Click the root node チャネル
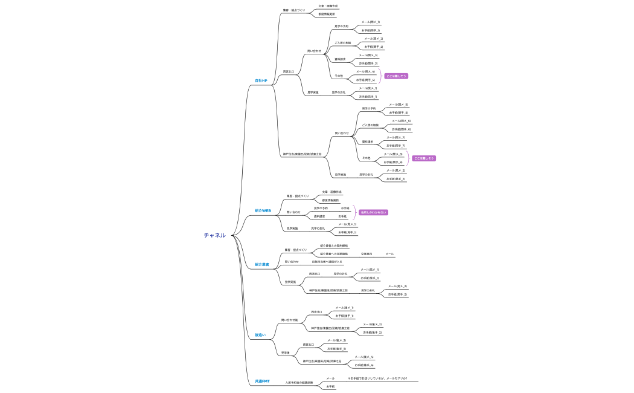pyautogui.click(x=214, y=235)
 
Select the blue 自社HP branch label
pyautogui.click(x=261, y=80)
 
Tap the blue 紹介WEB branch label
pyautogui.click(x=263, y=210)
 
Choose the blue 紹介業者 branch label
pyautogui.click(x=262, y=264)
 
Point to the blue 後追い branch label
pyautogui.click(x=260, y=334)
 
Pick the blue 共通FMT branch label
pyautogui.click(x=262, y=381)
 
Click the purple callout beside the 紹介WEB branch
pyautogui.click(x=374, y=212)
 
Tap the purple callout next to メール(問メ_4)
pyautogui.click(x=396, y=76)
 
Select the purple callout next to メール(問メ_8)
pyautogui.click(x=424, y=158)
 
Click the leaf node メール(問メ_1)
pyautogui.click(x=371, y=22)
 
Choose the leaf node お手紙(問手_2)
pyautogui.click(x=374, y=47)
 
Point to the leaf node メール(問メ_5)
pyautogui.click(x=398, y=104)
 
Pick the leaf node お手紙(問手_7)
pyautogui.click(x=396, y=146)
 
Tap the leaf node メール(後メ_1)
pyautogui.click(x=345, y=308)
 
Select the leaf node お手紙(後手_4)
pyautogui.click(x=364, y=365)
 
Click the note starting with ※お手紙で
pyautogui.click(x=377, y=378)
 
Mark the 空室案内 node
pyautogui.click(x=367, y=254)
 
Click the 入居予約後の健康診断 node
pyautogui.click(x=299, y=382)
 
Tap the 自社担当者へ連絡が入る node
pyautogui.click(x=327, y=262)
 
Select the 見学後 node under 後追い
pyautogui.click(x=285, y=352)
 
